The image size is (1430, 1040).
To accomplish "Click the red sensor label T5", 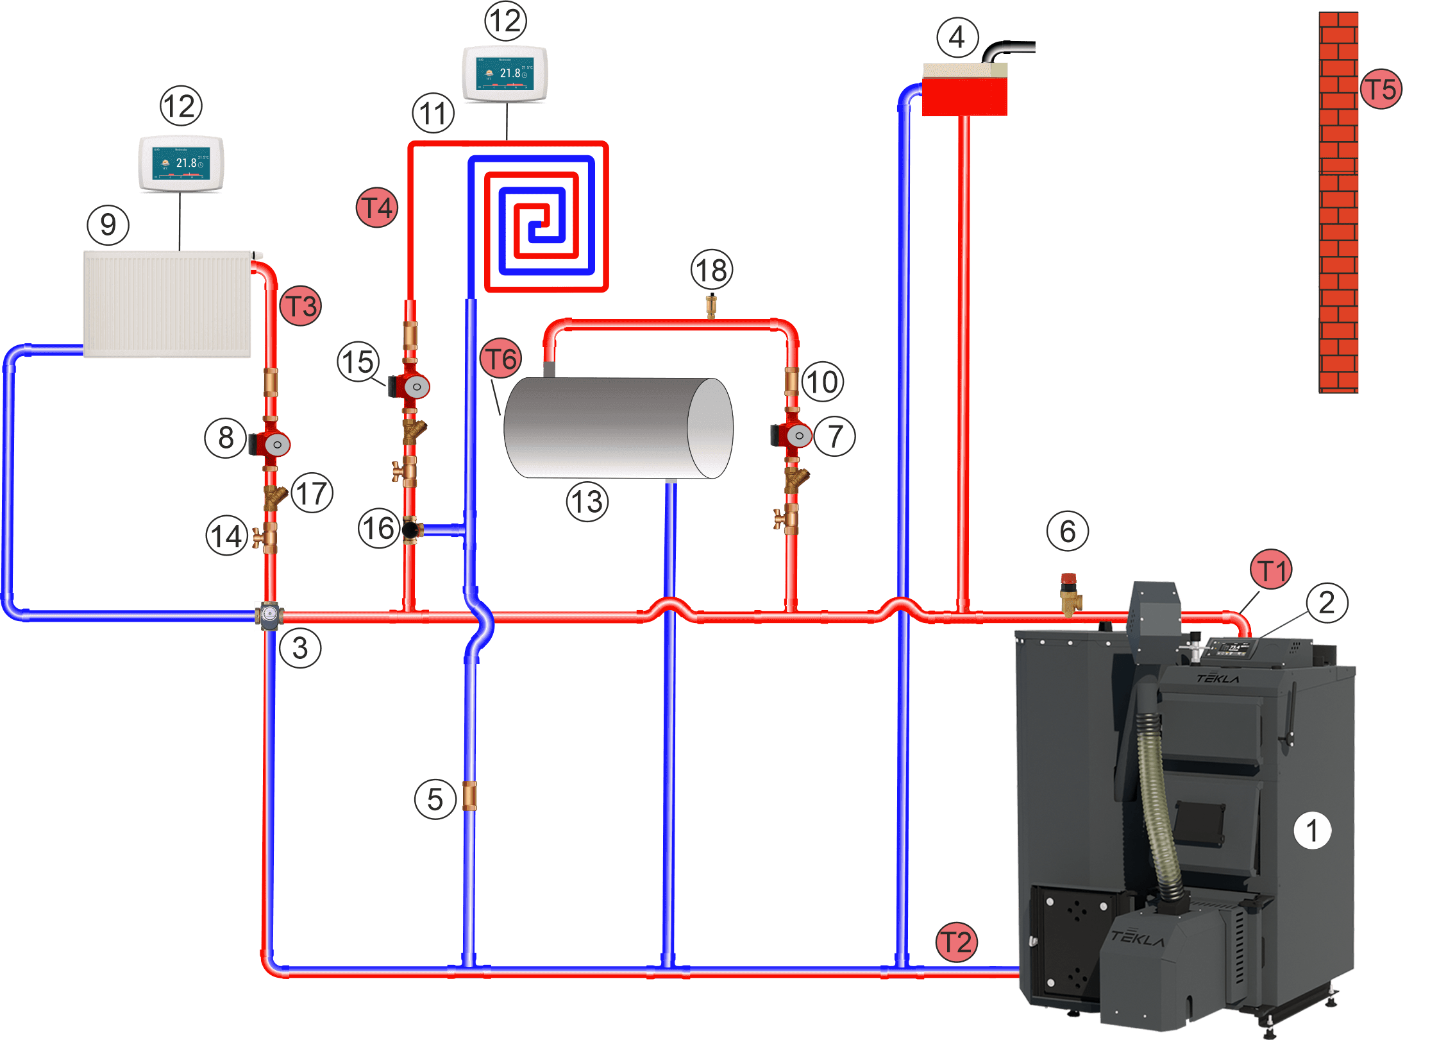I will [x=1381, y=89].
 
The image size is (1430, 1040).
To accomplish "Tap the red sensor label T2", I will [x=956, y=942].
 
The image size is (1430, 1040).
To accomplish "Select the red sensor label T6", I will [x=501, y=359].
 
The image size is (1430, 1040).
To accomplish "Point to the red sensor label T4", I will [x=377, y=208].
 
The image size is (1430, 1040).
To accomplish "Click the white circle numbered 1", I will [x=1312, y=830].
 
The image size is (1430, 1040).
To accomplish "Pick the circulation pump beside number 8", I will [x=272, y=443].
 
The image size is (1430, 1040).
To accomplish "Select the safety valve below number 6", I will [x=1070, y=595].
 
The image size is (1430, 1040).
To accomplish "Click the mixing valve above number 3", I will [x=270, y=616].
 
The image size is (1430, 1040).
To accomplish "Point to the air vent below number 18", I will [x=711, y=306].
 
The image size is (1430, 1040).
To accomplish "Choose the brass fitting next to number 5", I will [x=469, y=796].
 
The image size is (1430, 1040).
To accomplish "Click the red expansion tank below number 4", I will [x=964, y=96].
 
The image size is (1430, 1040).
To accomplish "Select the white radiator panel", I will [x=167, y=303].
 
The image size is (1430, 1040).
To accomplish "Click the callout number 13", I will [x=587, y=502].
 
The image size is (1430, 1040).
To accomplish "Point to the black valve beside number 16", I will [x=410, y=530].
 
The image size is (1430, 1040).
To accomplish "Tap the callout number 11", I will [x=433, y=113].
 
